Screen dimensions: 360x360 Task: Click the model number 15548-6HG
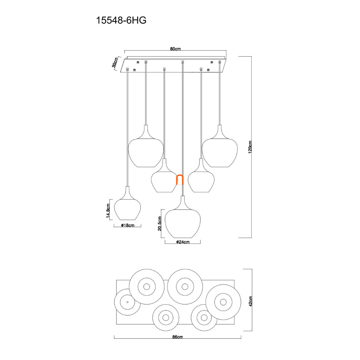(x=121, y=21)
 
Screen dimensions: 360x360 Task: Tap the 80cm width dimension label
(x=175, y=49)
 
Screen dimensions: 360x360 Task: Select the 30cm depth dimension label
(x=115, y=62)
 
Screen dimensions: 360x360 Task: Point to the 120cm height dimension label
(x=250, y=147)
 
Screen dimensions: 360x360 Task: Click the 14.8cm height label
(x=108, y=211)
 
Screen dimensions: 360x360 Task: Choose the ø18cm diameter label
(x=128, y=225)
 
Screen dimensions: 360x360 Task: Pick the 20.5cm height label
(x=160, y=223)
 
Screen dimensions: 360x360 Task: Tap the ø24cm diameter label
(x=183, y=242)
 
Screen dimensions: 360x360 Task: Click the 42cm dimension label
(x=251, y=301)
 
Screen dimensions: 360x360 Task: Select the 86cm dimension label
(x=178, y=337)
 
